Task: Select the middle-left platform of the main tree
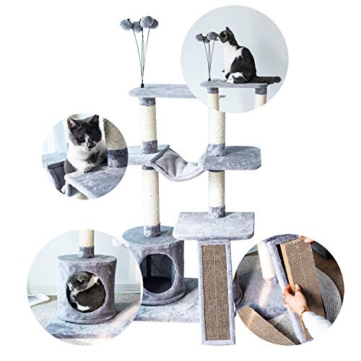pyautogui.click(x=144, y=153)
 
